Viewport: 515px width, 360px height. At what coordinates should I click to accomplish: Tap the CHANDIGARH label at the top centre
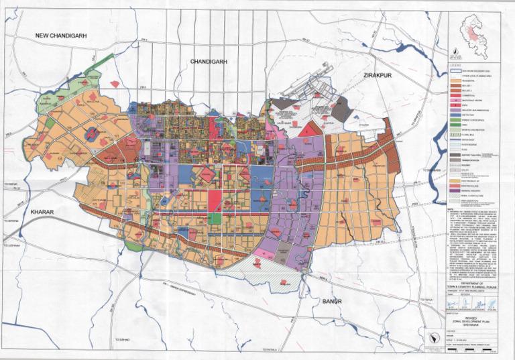210,61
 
